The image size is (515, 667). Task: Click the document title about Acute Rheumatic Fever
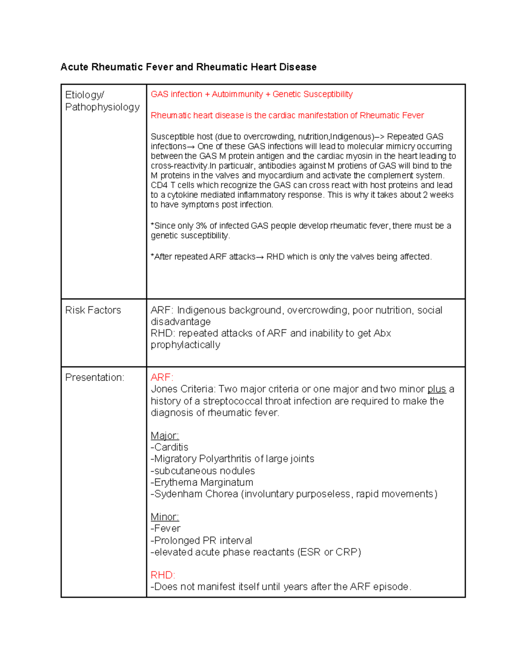click(188, 67)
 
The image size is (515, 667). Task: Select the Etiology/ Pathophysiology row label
click(102, 101)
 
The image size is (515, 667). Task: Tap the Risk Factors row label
click(93, 310)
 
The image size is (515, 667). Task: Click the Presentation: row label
click(94, 378)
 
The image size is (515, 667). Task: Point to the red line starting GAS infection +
click(251, 94)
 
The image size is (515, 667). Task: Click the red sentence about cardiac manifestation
click(287, 115)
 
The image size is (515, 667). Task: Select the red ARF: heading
click(162, 378)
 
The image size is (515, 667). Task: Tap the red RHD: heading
click(163, 575)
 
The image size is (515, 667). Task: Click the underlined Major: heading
click(165, 436)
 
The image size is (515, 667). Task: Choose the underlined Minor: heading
click(165, 517)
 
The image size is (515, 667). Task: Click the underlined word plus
click(436, 389)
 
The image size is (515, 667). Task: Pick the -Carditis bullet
click(170, 447)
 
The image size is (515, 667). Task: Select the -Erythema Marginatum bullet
click(202, 482)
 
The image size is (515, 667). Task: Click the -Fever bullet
click(166, 528)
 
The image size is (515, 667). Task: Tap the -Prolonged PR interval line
click(201, 540)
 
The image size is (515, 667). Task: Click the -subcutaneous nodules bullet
click(203, 471)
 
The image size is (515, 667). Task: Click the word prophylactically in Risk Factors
click(185, 345)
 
